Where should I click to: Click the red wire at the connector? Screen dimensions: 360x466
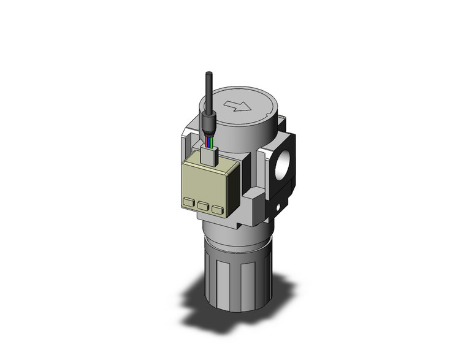(x=207, y=145)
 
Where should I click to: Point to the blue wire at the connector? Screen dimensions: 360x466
(x=213, y=145)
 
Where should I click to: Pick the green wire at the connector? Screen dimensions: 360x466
(x=210, y=145)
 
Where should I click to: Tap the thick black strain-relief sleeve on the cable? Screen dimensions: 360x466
(x=208, y=129)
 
